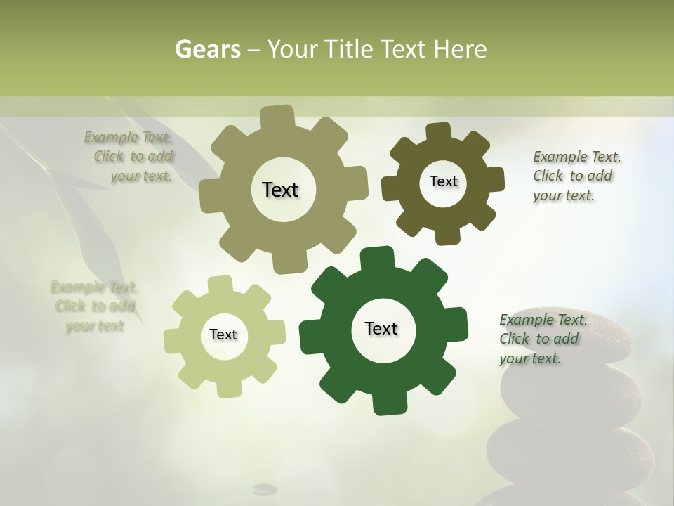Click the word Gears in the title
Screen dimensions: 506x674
pos(206,49)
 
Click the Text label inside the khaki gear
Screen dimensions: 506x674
pos(280,190)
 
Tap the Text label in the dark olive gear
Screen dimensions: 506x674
pos(443,181)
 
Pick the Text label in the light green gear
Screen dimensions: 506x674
pos(223,335)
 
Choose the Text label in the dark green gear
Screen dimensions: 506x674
pos(381,328)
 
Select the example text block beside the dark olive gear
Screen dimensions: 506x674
pos(576,176)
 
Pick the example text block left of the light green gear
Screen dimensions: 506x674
pos(94,306)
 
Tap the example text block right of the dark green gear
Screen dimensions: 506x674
pos(543,339)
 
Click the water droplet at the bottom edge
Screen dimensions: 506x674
pos(265,488)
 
